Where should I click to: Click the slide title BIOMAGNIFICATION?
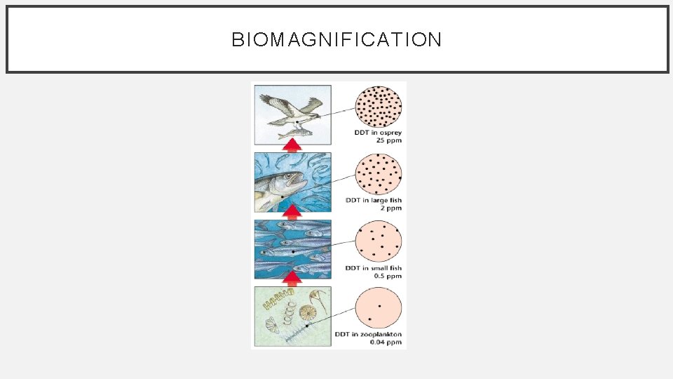[x=336, y=39]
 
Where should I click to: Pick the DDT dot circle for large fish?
[x=379, y=175]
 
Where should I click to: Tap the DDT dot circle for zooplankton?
[x=379, y=310]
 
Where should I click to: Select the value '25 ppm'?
[x=390, y=141]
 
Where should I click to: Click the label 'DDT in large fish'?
[x=374, y=201]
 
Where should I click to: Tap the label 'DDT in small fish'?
[x=374, y=268]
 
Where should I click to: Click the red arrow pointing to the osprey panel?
[x=294, y=145]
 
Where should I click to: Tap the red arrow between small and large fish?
[x=294, y=212]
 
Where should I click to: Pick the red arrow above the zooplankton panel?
[x=294, y=279]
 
